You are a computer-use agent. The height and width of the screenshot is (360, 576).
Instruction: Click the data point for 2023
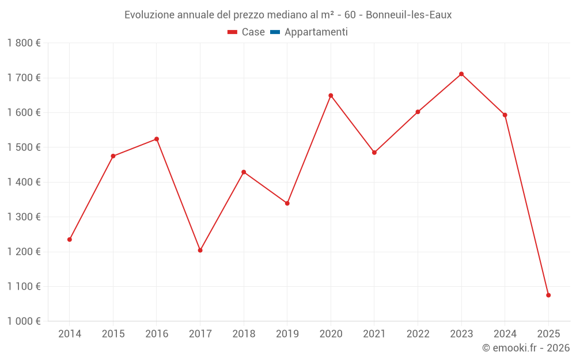pyautogui.click(x=461, y=74)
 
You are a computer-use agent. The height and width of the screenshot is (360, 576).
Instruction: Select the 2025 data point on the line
pyautogui.click(x=548, y=295)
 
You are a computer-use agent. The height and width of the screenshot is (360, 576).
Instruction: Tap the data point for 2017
pyautogui.click(x=200, y=250)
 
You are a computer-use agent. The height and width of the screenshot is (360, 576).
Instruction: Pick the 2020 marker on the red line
pyautogui.click(x=331, y=96)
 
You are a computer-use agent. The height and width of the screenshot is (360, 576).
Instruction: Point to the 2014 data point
pyautogui.click(x=70, y=240)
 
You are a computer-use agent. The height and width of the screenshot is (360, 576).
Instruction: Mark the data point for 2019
pyautogui.click(x=287, y=203)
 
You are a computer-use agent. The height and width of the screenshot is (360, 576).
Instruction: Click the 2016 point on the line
pyautogui.click(x=157, y=139)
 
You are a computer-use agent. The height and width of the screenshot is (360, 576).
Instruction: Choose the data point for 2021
pyautogui.click(x=374, y=153)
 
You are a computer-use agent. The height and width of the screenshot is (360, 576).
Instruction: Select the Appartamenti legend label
pyautogui.click(x=316, y=32)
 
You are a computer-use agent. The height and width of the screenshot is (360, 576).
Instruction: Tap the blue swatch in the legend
pyautogui.click(x=275, y=32)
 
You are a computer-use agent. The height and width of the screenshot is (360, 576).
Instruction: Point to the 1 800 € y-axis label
pyautogui.click(x=24, y=43)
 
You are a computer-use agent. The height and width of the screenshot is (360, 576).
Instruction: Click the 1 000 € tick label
pyautogui.click(x=24, y=321)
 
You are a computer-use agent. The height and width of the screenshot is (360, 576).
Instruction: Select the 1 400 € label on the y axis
pyautogui.click(x=24, y=182)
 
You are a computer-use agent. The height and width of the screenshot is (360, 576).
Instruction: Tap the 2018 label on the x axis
pyautogui.click(x=244, y=334)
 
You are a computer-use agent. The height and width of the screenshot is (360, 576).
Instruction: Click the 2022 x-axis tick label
pyautogui.click(x=418, y=334)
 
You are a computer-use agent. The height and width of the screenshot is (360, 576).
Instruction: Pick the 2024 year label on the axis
pyautogui.click(x=505, y=334)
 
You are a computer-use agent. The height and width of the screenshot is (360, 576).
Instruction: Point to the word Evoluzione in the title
pyautogui.click(x=148, y=15)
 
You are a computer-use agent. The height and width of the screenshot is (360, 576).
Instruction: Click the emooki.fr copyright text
pyautogui.click(x=526, y=348)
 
